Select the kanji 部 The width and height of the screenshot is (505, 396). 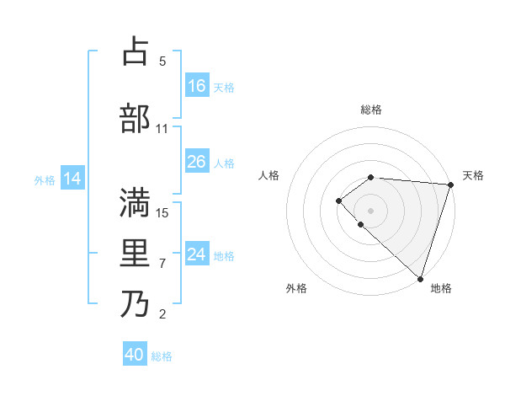point(135,118)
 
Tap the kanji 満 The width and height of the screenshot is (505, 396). point(135,202)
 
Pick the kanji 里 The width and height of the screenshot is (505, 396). point(135,254)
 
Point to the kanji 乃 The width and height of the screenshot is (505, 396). point(135,304)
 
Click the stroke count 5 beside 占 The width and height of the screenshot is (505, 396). point(162,61)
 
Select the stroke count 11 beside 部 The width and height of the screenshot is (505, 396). point(162,129)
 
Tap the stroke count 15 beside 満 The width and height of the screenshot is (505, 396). point(162,212)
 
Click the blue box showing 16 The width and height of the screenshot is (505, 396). point(197,86)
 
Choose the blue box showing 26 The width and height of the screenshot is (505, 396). point(197,162)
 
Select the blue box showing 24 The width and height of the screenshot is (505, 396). point(197,254)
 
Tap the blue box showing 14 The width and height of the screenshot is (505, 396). point(72,179)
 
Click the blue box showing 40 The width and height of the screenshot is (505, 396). point(135,355)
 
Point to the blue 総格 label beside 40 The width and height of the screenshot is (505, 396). point(162,356)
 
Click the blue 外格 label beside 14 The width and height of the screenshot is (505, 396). point(45,179)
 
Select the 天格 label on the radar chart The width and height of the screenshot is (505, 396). point(473,175)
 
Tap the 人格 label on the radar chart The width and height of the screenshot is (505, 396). point(269,175)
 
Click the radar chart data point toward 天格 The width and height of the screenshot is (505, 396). point(451,185)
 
